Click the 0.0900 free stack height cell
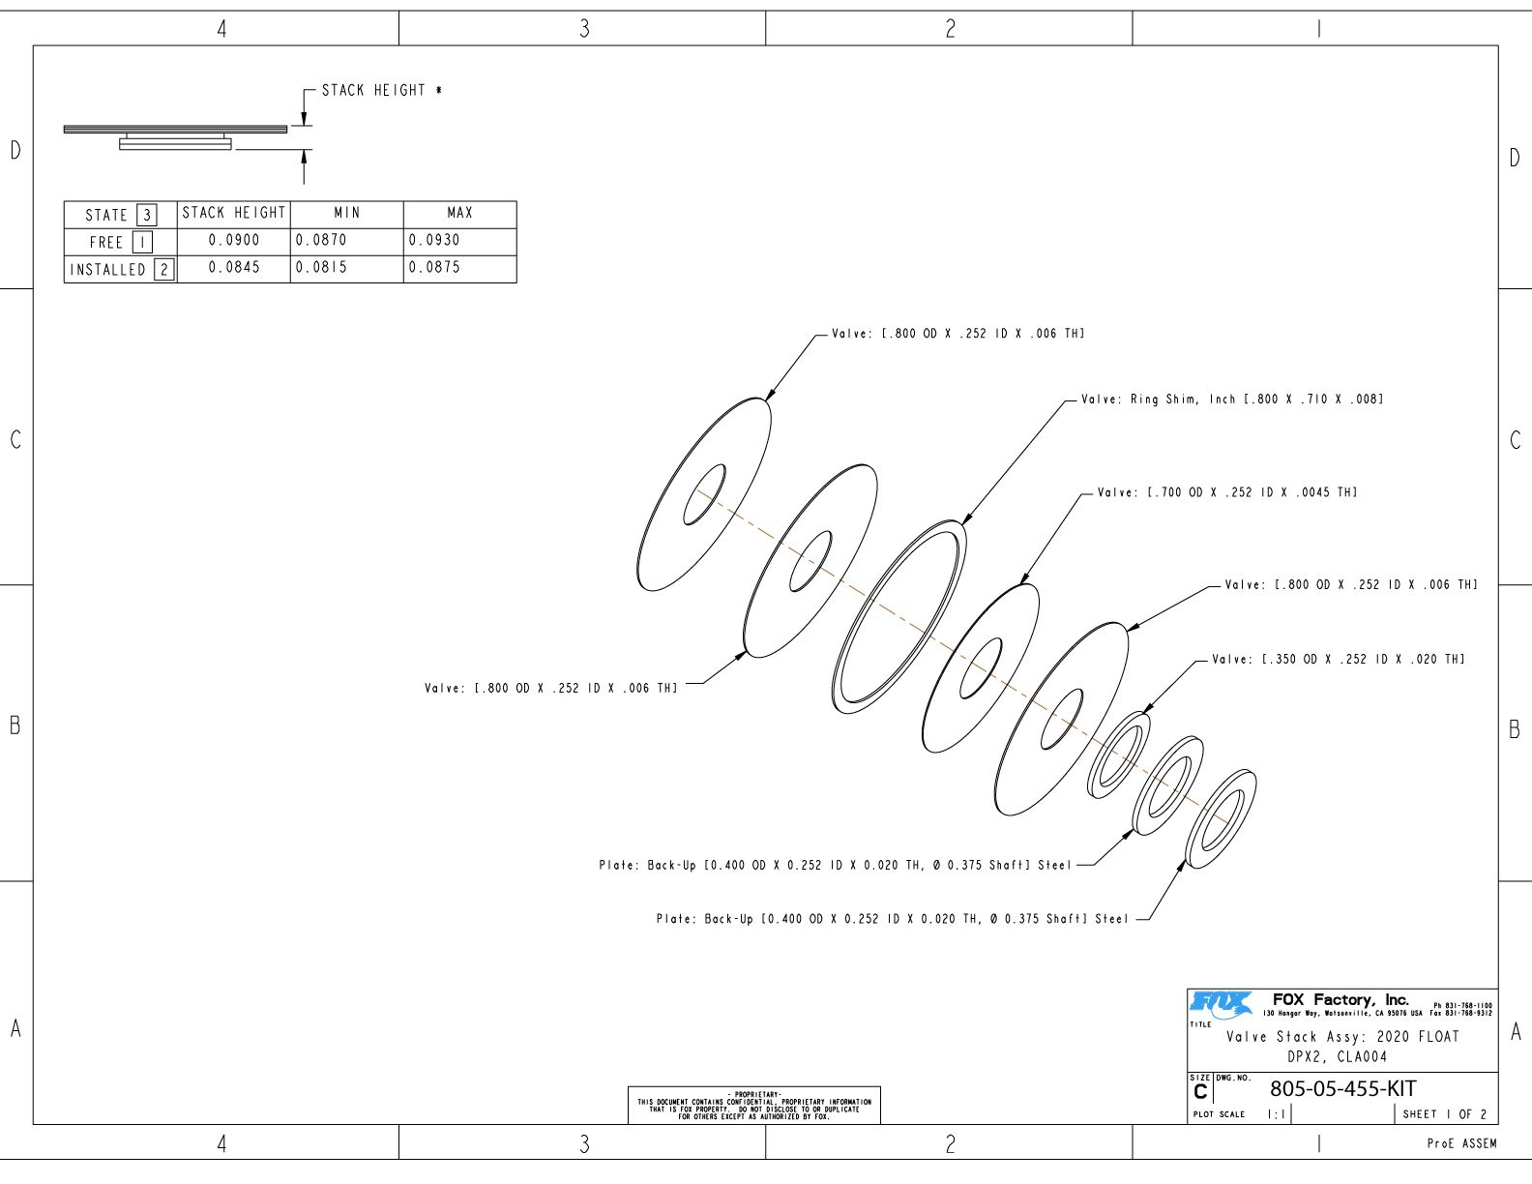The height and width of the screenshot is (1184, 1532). tap(234, 241)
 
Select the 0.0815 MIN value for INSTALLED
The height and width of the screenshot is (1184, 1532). tap(321, 268)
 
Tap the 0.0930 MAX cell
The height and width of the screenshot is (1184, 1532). tap(434, 241)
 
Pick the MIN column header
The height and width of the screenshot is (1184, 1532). tap(347, 213)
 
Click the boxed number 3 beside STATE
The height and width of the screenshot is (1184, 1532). tap(147, 215)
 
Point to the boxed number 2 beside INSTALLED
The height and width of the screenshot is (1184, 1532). tap(164, 269)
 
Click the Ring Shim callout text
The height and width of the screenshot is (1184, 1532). tap(1232, 400)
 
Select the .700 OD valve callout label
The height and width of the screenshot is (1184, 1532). tap(1227, 493)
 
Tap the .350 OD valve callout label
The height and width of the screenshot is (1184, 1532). tap(1339, 660)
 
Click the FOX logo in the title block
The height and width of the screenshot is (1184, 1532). tap(1221, 1005)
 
